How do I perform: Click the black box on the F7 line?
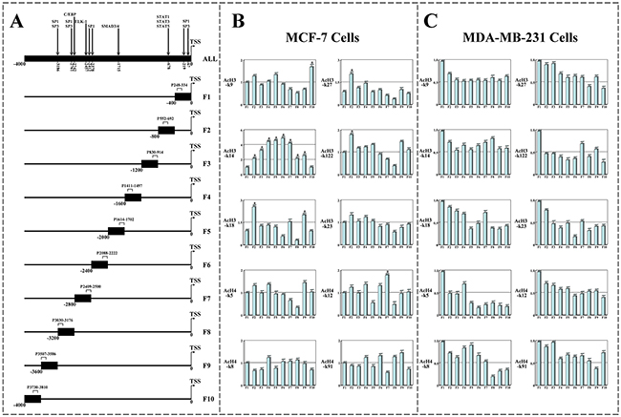(x=83, y=298)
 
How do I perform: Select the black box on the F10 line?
(x=32, y=398)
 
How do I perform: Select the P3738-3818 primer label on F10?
(x=38, y=385)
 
